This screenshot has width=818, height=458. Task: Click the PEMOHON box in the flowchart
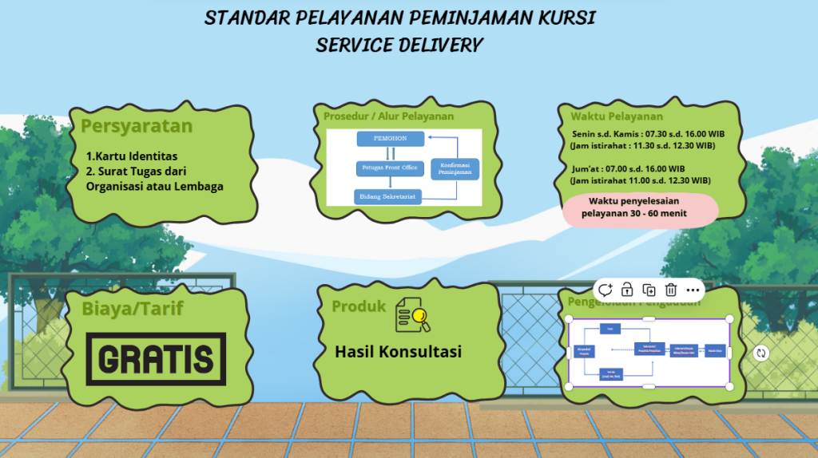click(x=390, y=139)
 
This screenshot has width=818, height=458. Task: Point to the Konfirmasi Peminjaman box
click(x=454, y=168)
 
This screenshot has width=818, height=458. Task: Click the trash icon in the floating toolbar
click(x=671, y=290)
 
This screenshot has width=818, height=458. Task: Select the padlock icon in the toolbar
click(x=628, y=290)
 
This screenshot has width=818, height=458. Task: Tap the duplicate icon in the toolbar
click(x=649, y=290)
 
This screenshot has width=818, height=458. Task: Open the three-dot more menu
click(x=692, y=290)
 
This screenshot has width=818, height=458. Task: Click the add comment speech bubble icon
click(x=606, y=290)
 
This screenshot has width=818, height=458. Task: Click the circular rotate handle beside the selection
click(x=761, y=353)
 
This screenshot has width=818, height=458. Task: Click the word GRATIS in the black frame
click(x=156, y=360)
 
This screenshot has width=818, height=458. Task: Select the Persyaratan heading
click(x=137, y=126)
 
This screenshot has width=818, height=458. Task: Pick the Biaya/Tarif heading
click(x=132, y=309)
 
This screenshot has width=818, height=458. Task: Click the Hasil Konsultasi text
click(x=398, y=351)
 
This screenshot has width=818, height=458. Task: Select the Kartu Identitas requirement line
click(x=132, y=156)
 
